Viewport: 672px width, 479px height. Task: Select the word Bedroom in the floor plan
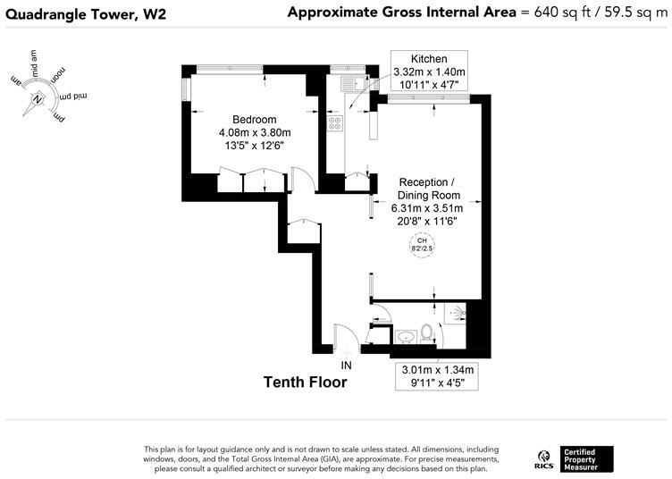pos(255,120)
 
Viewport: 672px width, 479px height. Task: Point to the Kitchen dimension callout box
pos(429,71)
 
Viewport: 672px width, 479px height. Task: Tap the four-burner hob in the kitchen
pos(334,124)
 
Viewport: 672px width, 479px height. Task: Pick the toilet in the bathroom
pos(427,334)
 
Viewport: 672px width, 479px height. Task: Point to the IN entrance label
pos(347,366)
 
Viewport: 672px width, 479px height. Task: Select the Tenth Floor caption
pos(305,382)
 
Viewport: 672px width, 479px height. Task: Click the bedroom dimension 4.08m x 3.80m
pos(255,133)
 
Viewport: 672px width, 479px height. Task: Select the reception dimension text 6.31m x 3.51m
pos(429,208)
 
